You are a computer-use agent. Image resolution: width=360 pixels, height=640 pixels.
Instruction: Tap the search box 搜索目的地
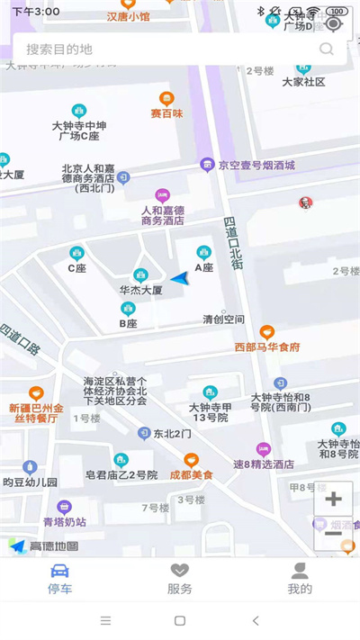tap(162, 50)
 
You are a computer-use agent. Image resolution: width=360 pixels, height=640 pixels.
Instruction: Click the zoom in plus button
tap(333, 499)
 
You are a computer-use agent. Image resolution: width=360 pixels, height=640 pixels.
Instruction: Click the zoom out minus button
tap(332, 533)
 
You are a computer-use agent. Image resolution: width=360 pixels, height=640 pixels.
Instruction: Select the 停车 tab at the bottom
tap(60, 578)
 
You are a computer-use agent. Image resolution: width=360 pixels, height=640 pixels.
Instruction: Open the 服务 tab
tap(180, 578)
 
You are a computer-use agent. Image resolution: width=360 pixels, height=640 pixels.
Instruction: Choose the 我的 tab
tap(300, 578)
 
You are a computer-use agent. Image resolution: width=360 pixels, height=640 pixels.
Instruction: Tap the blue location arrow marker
tap(182, 278)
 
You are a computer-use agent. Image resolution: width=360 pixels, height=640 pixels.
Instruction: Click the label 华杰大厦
tap(140, 291)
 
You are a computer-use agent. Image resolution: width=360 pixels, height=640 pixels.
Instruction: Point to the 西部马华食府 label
tap(267, 347)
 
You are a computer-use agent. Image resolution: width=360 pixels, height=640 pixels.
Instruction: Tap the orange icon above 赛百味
tap(166, 99)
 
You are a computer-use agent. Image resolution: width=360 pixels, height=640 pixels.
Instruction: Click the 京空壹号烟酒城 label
tap(256, 165)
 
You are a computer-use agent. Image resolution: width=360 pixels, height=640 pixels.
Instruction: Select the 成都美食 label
tap(191, 474)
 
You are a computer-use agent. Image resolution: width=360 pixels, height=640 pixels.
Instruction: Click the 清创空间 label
tap(223, 320)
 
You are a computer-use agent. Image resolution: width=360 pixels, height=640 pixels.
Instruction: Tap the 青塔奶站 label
tap(64, 521)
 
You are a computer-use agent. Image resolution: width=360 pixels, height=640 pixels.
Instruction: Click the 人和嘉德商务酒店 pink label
tap(163, 214)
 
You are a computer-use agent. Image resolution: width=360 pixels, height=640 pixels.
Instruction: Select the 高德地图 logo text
tap(54, 545)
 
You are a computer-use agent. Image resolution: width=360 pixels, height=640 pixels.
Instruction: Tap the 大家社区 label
tap(303, 82)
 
